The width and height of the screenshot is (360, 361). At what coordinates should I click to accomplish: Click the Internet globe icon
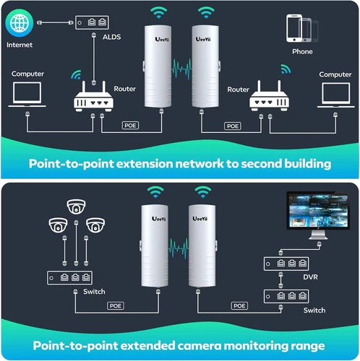19,24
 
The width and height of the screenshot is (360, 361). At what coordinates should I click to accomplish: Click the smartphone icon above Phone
302,30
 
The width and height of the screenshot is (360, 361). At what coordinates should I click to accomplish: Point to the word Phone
302,52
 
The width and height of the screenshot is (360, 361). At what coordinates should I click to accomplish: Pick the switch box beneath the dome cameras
70,277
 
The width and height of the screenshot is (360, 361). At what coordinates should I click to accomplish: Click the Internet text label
19,45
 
